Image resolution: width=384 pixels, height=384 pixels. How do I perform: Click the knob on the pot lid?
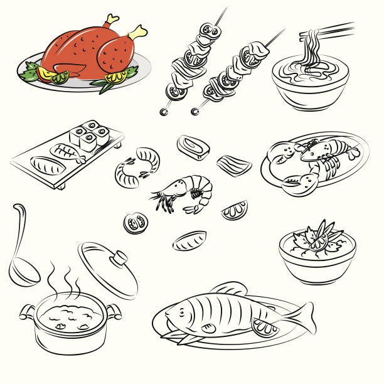pos(117,257)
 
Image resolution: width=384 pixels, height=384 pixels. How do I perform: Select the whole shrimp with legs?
pos(185,193)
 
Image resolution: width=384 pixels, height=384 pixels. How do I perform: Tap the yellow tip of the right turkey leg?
pos(139,31)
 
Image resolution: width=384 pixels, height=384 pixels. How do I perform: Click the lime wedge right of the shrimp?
pos(235,210)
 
